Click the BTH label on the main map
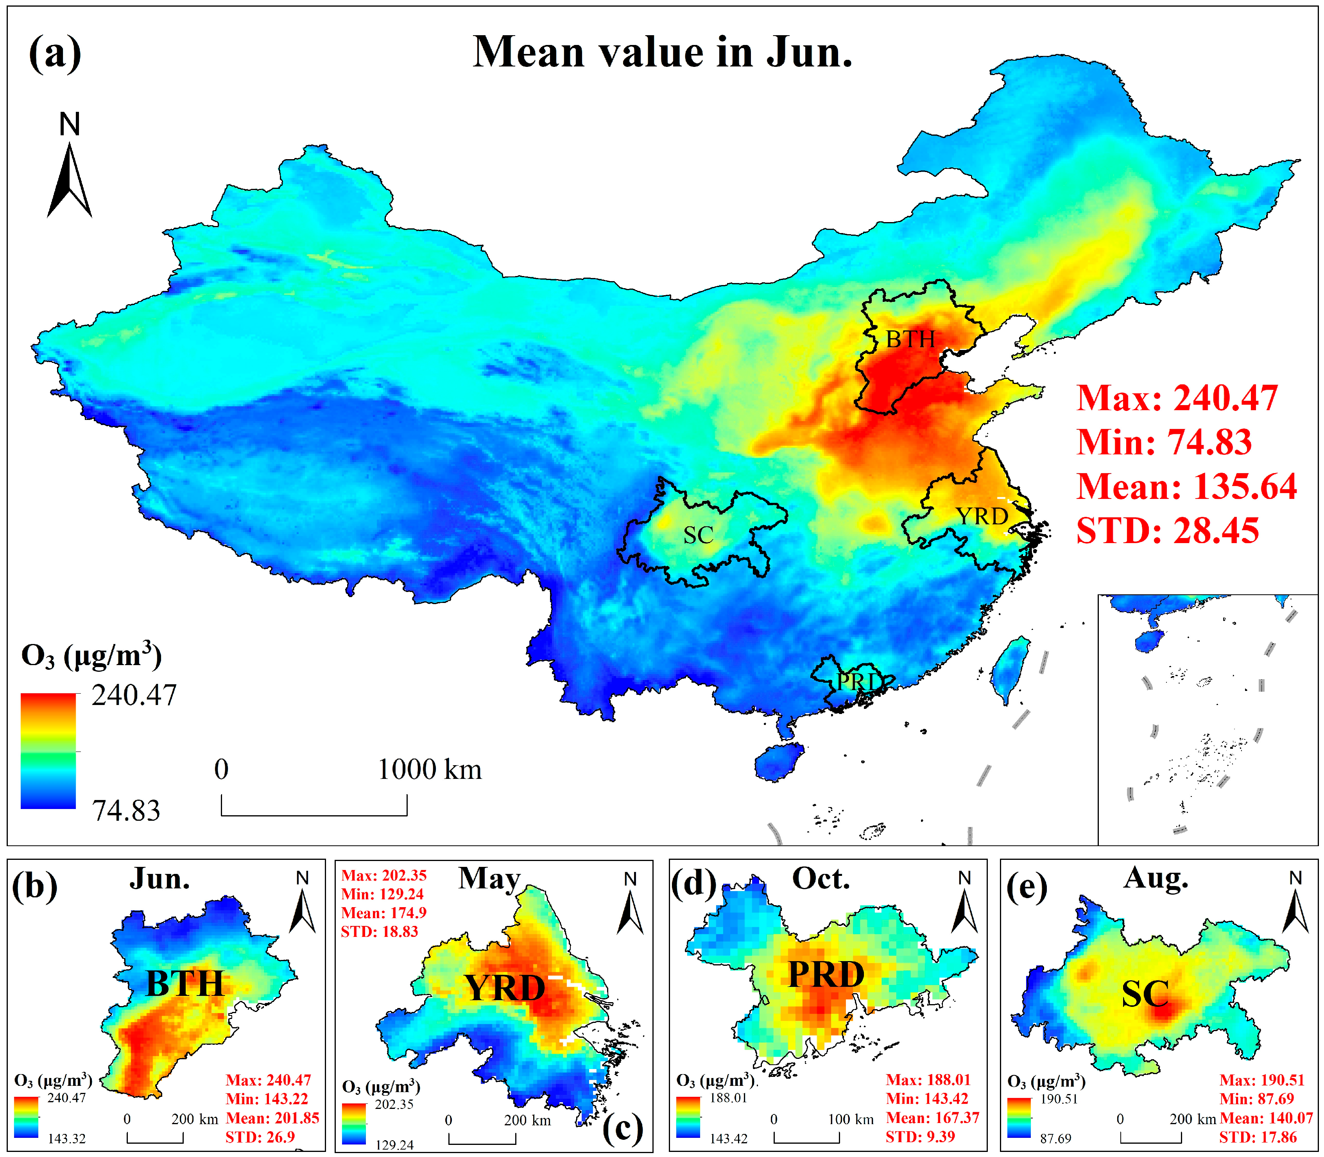point(910,339)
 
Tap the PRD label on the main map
point(858,682)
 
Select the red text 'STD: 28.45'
point(1167,531)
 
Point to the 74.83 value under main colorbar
point(126,810)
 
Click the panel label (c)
point(622,1128)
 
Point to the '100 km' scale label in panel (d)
point(851,1119)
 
